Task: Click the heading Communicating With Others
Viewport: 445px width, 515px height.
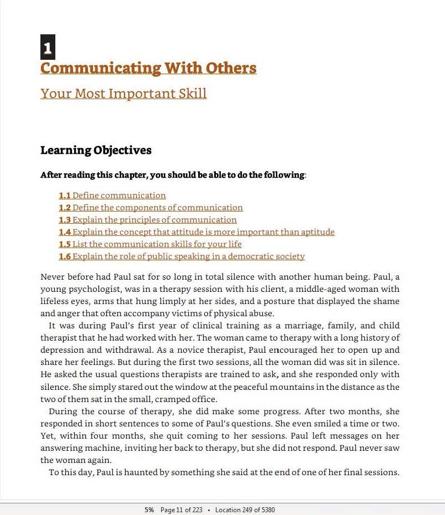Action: (x=148, y=68)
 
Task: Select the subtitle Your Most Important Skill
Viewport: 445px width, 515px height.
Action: (x=123, y=93)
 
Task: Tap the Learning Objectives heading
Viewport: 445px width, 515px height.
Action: (x=96, y=150)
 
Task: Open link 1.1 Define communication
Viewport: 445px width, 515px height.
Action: (x=112, y=195)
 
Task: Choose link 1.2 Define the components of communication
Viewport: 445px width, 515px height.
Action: (x=151, y=208)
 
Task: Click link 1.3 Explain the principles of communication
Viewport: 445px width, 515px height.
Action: (x=148, y=220)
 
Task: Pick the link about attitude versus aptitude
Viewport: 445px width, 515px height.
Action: (x=196, y=232)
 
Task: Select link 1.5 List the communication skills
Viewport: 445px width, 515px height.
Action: (x=150, y=244)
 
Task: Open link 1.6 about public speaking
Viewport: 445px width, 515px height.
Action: (x=182, y=256)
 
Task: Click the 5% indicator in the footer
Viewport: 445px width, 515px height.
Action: (x=149, y=510)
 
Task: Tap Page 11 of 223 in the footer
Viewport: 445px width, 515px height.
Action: (x=182, y=510)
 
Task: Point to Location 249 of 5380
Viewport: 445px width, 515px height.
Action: (x=245, y=510)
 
